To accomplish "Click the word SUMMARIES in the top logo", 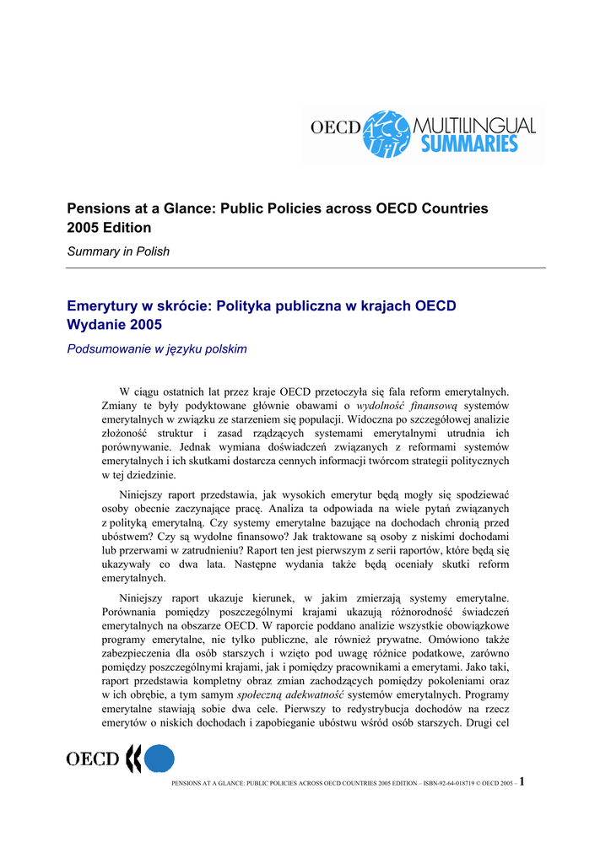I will [469, 143].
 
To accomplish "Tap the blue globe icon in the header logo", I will [387, 133].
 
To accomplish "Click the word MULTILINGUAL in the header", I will [474, 125].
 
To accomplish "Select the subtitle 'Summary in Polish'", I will [118, 251].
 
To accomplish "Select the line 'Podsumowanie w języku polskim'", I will [156, 348].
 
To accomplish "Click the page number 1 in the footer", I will [522, 780].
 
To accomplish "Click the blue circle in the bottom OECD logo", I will [159, 759].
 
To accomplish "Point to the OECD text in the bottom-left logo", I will [93, 759].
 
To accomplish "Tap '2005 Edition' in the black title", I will [109, 228].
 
